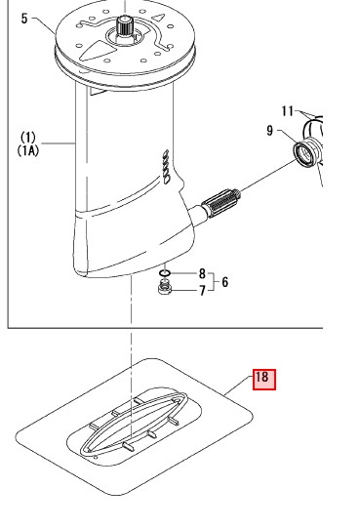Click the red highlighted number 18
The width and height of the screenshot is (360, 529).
[x=264, y=380]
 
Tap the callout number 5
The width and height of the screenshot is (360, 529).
[x=24, y=19]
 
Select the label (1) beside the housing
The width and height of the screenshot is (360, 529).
[x=28, y=138]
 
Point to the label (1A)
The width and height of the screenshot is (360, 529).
[x=28, y=150]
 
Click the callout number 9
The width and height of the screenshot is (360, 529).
[x=269, y=131]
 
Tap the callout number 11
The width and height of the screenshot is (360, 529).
[x=288, y=111]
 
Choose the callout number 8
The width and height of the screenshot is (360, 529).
[x=202, y=273]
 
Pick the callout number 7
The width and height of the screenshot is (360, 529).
[x=202, y=291]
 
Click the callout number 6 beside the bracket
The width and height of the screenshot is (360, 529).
[x=224, y=282]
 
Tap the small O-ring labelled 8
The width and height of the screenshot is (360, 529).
[x=165, y=272]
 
